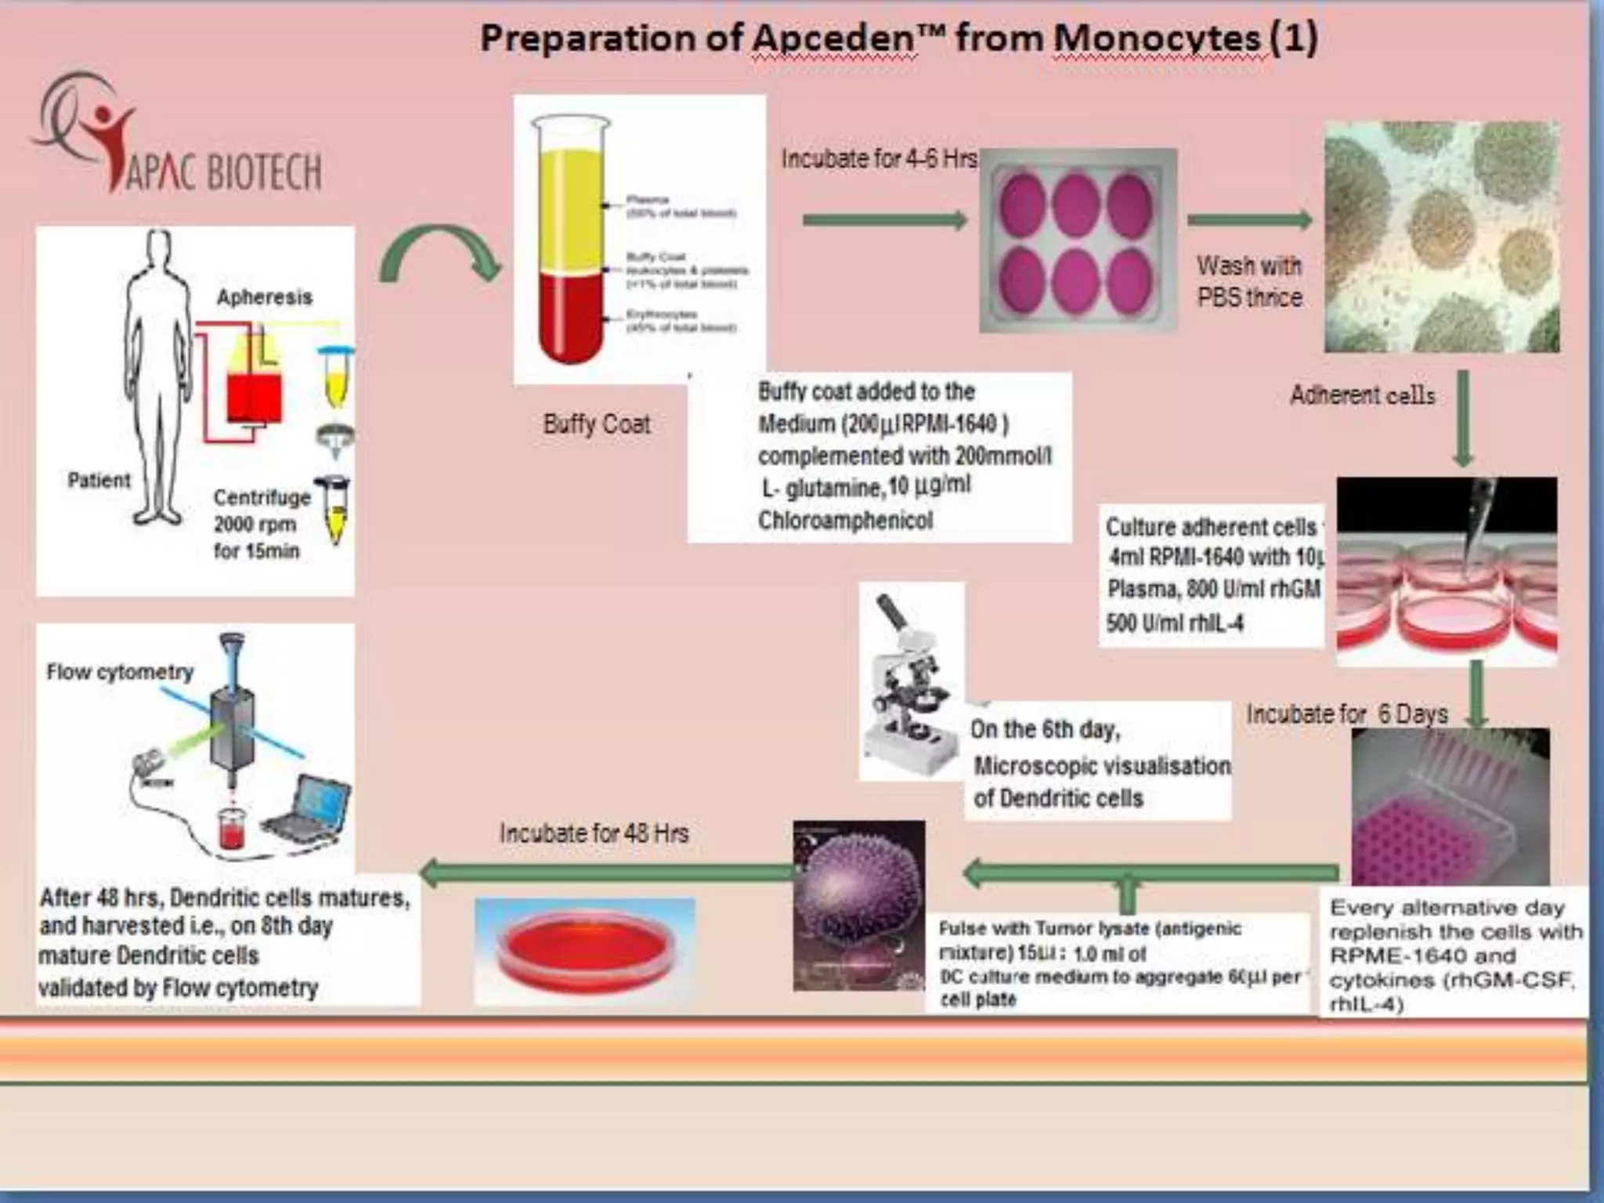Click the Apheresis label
(264, 297)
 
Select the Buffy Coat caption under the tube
(597, 424)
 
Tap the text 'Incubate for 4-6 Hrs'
(879, 159)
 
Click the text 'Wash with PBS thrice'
(1249, 281)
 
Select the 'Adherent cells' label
(1362, 395)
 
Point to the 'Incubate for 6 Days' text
(1347, 713)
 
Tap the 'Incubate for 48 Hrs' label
(594, 833)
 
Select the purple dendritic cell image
(858, 905)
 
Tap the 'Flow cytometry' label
(120, 672)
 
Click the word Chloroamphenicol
(845, 520)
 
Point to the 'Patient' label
(99, 479)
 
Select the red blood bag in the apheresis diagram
(254, 396)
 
